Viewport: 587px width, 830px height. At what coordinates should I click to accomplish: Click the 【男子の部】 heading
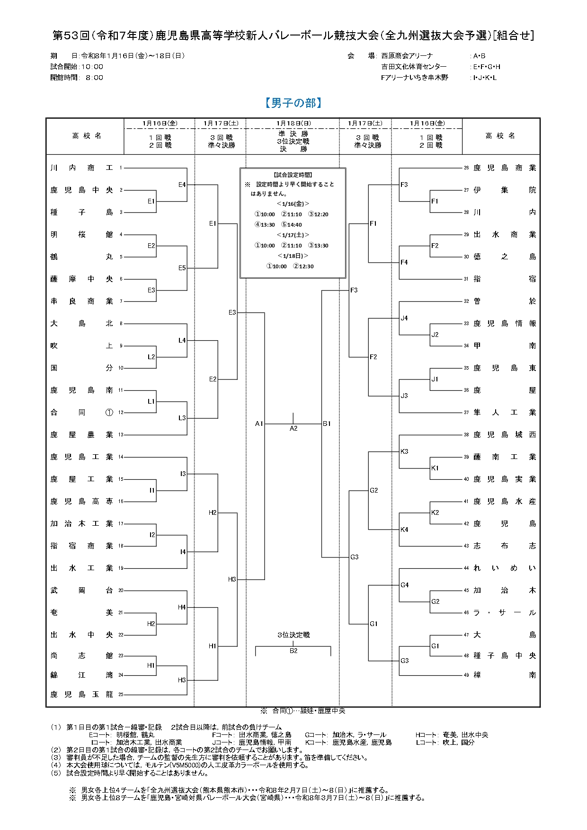coord(293,103)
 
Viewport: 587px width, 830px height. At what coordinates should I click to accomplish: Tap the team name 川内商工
coord(82,168)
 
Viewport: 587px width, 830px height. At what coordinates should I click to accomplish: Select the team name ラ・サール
coord(505,612)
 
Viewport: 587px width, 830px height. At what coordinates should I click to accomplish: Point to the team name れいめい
coord(505,568)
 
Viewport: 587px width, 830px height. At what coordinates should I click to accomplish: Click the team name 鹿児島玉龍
coord(82,694)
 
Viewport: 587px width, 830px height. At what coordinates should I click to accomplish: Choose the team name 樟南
coord(505,675)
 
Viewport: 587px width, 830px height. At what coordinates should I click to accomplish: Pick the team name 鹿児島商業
coord(505,168)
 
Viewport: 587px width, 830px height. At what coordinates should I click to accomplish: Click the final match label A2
coord(293,428)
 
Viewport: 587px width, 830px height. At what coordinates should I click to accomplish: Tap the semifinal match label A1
coord(259,424)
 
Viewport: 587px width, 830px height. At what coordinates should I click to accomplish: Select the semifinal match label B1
coord(327,424)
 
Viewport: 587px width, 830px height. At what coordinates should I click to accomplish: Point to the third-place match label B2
coord(293,651)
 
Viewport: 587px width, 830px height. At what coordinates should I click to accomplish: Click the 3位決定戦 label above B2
coord(293,635)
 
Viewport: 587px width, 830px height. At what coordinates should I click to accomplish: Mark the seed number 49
coord(466,675)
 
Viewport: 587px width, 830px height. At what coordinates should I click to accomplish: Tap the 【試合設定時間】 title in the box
coord(293,175)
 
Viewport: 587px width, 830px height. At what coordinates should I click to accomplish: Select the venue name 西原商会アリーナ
coord(407,56)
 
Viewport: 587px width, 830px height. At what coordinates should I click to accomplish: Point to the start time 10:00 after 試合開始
coord(92,67)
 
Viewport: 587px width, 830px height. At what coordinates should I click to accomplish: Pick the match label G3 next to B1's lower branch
coord(355,557)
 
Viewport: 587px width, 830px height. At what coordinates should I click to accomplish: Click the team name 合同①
coord(82,412)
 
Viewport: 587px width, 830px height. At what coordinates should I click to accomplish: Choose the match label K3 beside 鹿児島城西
coord(404,451)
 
